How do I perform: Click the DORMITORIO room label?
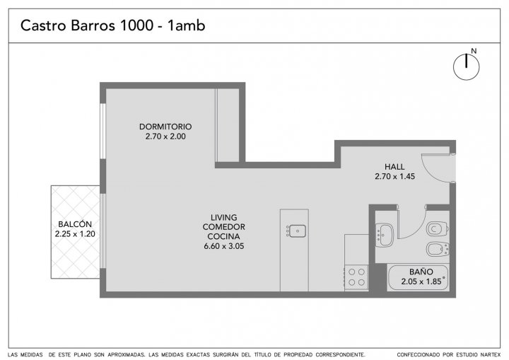coord(165,127)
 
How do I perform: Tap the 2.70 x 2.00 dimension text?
coord(165,137)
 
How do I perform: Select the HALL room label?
coord(394,167)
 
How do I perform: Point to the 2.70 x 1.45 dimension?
coord(394,176)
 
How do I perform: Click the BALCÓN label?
coord(75,224)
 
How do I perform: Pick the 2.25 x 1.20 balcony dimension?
coord(75,234)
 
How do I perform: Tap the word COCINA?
coord(223,236)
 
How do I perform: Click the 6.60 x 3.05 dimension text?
coord(223,246)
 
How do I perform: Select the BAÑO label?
coord(421,272)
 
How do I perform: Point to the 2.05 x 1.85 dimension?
coord(421,281)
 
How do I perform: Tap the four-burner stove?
coord(356,277)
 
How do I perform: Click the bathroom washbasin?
coord(385,235)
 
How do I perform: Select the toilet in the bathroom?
coord(438,228)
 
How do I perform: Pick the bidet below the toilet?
coord(438,249)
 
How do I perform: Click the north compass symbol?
coord(466,67)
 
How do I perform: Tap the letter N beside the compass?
coord(474,51)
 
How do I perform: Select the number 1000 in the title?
coord(136,25)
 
